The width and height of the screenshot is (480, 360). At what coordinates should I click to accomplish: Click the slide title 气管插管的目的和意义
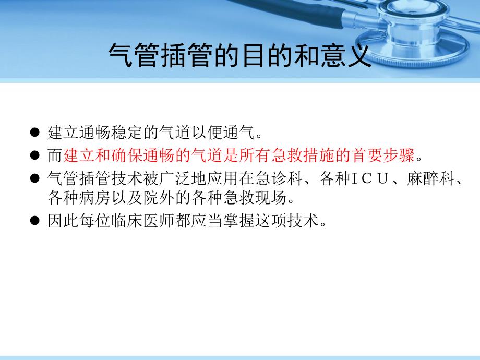(239, 54)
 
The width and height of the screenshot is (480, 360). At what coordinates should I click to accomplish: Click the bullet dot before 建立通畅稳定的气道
(35, 133)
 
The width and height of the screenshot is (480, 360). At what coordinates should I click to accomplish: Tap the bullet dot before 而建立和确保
(35, 155)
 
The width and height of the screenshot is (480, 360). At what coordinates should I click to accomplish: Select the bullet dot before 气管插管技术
(35, 178)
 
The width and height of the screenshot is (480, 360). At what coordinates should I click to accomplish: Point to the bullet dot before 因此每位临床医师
(35, 221)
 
